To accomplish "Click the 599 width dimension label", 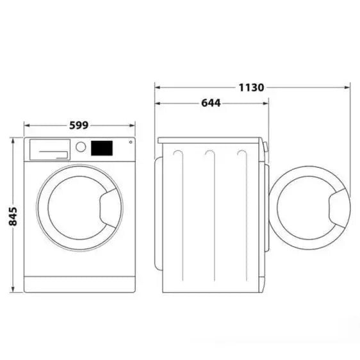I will click(x=79, y=126).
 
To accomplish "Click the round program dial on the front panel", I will click(x=81, y=147).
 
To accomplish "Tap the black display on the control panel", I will click(x=102, y=148).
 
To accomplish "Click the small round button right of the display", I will click(x=130, y=143).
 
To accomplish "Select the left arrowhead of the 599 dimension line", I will click(x=26, y=126).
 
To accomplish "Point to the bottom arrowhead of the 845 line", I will click(x=13, y=291).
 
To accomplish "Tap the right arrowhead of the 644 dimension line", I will click(x=267, y=102).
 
